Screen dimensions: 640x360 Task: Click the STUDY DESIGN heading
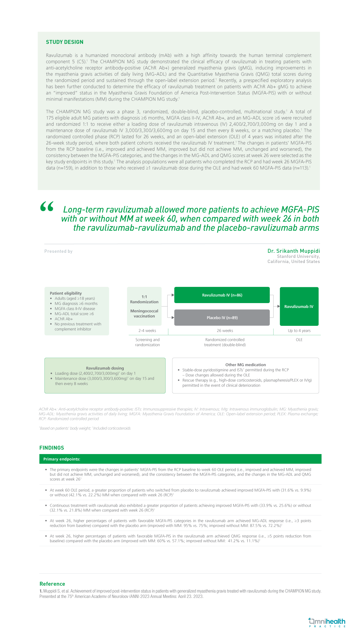[x=65, y=42]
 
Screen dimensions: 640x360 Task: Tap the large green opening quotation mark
[x=47, y=207]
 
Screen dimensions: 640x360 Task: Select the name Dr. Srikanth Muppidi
[x=293, y=251]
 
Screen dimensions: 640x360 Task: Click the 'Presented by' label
[x=58, y=251]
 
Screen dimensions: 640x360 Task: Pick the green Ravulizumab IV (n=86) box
[x=222, y=295]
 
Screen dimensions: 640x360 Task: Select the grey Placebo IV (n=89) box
[x=222, y=318]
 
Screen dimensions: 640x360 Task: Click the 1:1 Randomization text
[x=144, y=299]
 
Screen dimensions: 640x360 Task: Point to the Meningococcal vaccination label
[x=144, y=314]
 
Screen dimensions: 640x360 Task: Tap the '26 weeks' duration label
[x=225, y=331]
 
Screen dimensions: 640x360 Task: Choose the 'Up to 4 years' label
[x=299, y=331]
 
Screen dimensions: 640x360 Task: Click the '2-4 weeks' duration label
[x=147, y=331]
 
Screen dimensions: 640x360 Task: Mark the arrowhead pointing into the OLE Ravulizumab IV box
[x=278, y=306]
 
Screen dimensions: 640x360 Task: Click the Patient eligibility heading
[x=66, y=293]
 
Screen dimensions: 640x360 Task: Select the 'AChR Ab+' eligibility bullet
[x=64, y=319]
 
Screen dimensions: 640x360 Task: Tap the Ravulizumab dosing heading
[x=105, y=368]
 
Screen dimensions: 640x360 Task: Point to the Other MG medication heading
[x=245, y=365]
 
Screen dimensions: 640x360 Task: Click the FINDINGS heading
[x=52, y=448]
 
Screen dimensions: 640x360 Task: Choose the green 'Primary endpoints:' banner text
[x=62, y=459]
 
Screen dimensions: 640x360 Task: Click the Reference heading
[x=52, y=584]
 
